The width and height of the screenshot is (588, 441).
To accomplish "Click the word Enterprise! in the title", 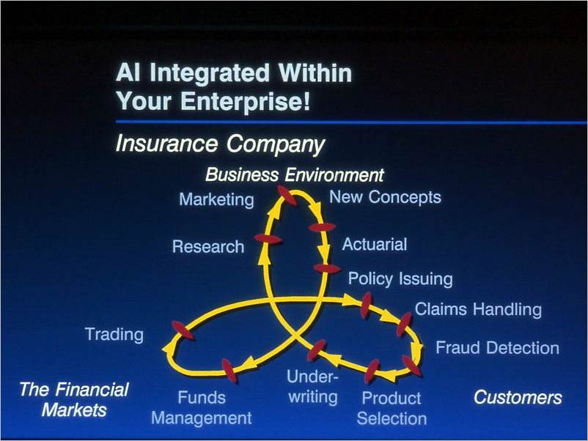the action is click(246, 101).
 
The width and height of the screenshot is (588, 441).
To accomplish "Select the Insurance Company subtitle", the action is click(220, 144).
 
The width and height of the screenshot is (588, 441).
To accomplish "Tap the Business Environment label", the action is click(295, 175).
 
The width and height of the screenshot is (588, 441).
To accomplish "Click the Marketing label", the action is click(216, 200).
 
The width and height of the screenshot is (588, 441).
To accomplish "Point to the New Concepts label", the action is click(385, 197).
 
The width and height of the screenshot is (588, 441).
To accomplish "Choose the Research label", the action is click(208, 247).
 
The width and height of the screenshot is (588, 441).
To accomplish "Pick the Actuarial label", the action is click(374, 244).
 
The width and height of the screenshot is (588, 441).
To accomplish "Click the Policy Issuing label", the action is click(400, 279).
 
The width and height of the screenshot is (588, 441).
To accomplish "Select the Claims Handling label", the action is click(478, 310).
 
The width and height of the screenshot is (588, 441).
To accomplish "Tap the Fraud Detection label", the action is click(497, 348).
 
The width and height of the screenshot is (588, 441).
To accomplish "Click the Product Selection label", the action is click(392, 409).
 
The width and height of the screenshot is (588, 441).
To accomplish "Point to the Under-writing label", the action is click(313, 387).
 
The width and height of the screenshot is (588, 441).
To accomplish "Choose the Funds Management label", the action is click(202, 408).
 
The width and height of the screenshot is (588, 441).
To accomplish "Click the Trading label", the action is click(114, 335).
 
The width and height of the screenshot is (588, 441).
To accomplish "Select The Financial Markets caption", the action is click(74, 400).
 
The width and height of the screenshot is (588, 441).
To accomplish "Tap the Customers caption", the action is click(518, 398).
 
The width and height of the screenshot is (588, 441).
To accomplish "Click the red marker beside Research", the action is click(268, 239).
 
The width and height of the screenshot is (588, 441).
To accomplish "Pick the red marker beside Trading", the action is click(183, 330).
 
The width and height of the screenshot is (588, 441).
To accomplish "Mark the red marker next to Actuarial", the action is click(322, 227).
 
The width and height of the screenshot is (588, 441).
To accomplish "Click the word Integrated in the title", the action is click(210, 73).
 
